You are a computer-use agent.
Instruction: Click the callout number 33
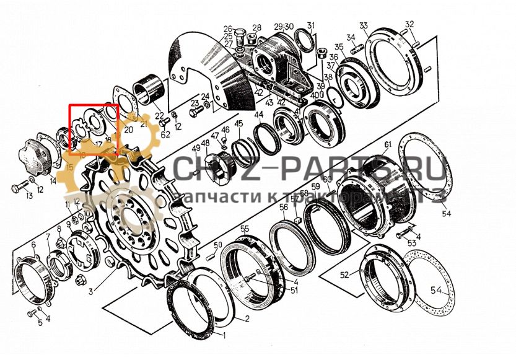(364, 25)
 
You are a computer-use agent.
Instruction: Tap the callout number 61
(388, 146)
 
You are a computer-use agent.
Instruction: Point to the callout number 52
(345, 274)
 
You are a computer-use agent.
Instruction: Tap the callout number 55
(245, 229)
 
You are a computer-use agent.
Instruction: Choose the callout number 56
(283, 208)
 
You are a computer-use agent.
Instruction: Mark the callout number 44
(258, 115)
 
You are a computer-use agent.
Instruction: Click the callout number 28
(257, 27)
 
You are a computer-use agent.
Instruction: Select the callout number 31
(311, 25)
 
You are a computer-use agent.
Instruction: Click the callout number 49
(196, 149)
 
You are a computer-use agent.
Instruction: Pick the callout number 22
(159, 116)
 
